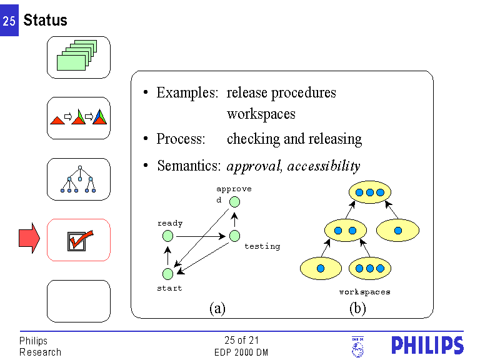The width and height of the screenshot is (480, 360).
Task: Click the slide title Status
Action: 45,20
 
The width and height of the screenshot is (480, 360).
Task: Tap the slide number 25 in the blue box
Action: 9,21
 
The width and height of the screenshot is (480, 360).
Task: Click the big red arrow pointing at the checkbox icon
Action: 29,238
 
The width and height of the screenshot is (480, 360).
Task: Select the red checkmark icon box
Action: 79,239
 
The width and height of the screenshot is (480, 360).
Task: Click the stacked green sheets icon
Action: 79,56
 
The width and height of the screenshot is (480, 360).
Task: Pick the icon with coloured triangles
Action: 79,117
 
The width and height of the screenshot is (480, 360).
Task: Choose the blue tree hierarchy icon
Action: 79,179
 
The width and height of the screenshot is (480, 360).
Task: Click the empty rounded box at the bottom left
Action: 79,301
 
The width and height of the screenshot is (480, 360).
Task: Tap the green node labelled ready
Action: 167,236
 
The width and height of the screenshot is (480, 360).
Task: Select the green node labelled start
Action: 167,274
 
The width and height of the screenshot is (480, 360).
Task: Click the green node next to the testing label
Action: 234,236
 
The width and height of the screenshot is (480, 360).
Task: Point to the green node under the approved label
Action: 234,201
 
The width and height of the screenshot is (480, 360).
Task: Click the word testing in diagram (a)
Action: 262,246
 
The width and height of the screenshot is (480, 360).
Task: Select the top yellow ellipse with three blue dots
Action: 370,192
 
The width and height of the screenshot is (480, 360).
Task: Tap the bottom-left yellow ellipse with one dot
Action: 321,268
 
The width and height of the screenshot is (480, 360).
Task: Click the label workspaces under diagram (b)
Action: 364,292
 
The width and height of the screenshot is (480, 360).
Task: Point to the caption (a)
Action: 217,307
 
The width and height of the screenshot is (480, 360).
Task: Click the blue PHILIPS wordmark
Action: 427,346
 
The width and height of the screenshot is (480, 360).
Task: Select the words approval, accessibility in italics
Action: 293,166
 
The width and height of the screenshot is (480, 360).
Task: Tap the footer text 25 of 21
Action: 241,341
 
